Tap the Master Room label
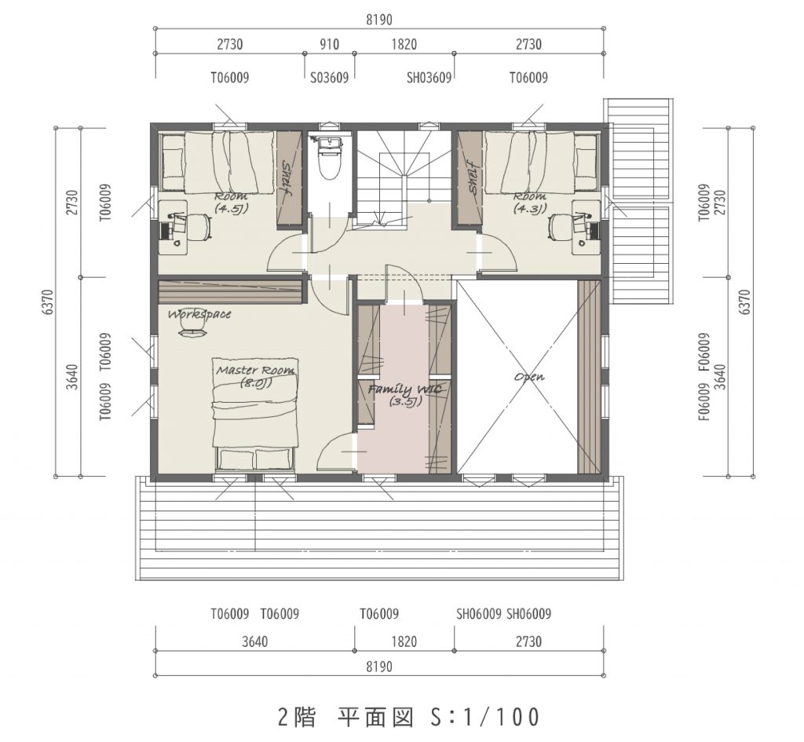click(x=255, y=376)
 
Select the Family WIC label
click(x=405, y=394)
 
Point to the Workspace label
click(x=199, y=313)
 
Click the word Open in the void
click(x=529, y=377)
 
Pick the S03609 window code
click(x=329, y=78)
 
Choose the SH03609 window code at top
click(x=429, y=78)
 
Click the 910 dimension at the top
click(x=329, y=44)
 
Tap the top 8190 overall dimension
click(x=379, y=20)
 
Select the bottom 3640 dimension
click(x=255, y=641)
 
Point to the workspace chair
click(x=193, y=332)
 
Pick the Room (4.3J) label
click(x=530, y=203)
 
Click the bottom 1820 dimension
click(x=404, y=641)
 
